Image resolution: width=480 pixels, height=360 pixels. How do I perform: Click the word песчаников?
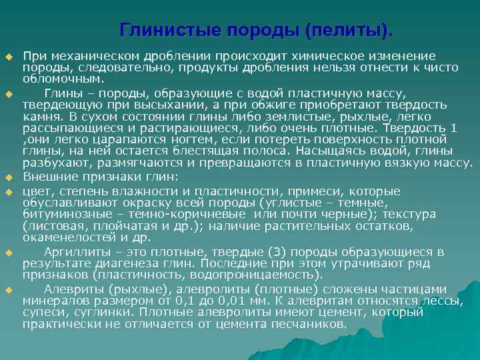[311, 323]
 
